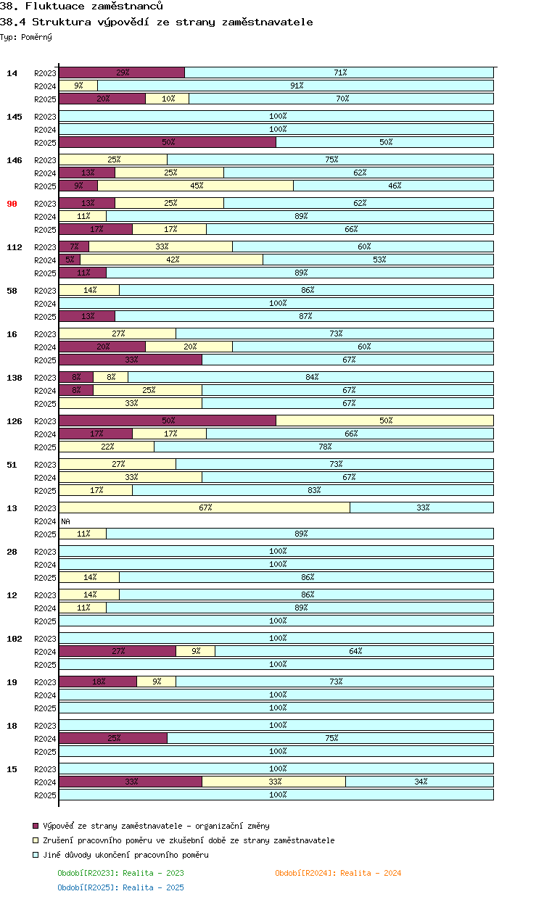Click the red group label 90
12,204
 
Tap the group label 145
15,117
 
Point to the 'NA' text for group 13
65,521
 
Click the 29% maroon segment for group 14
122,73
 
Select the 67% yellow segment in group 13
205,508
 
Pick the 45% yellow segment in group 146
196,186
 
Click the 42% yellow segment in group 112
172,260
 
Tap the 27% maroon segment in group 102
118,651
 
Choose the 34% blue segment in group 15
420,782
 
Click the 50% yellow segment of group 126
384,421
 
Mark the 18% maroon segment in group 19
98,682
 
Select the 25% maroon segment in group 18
113,738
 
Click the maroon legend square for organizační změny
36,826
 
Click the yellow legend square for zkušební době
36,840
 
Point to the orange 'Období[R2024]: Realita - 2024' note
338,873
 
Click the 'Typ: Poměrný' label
26,36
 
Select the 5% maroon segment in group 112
70,260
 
